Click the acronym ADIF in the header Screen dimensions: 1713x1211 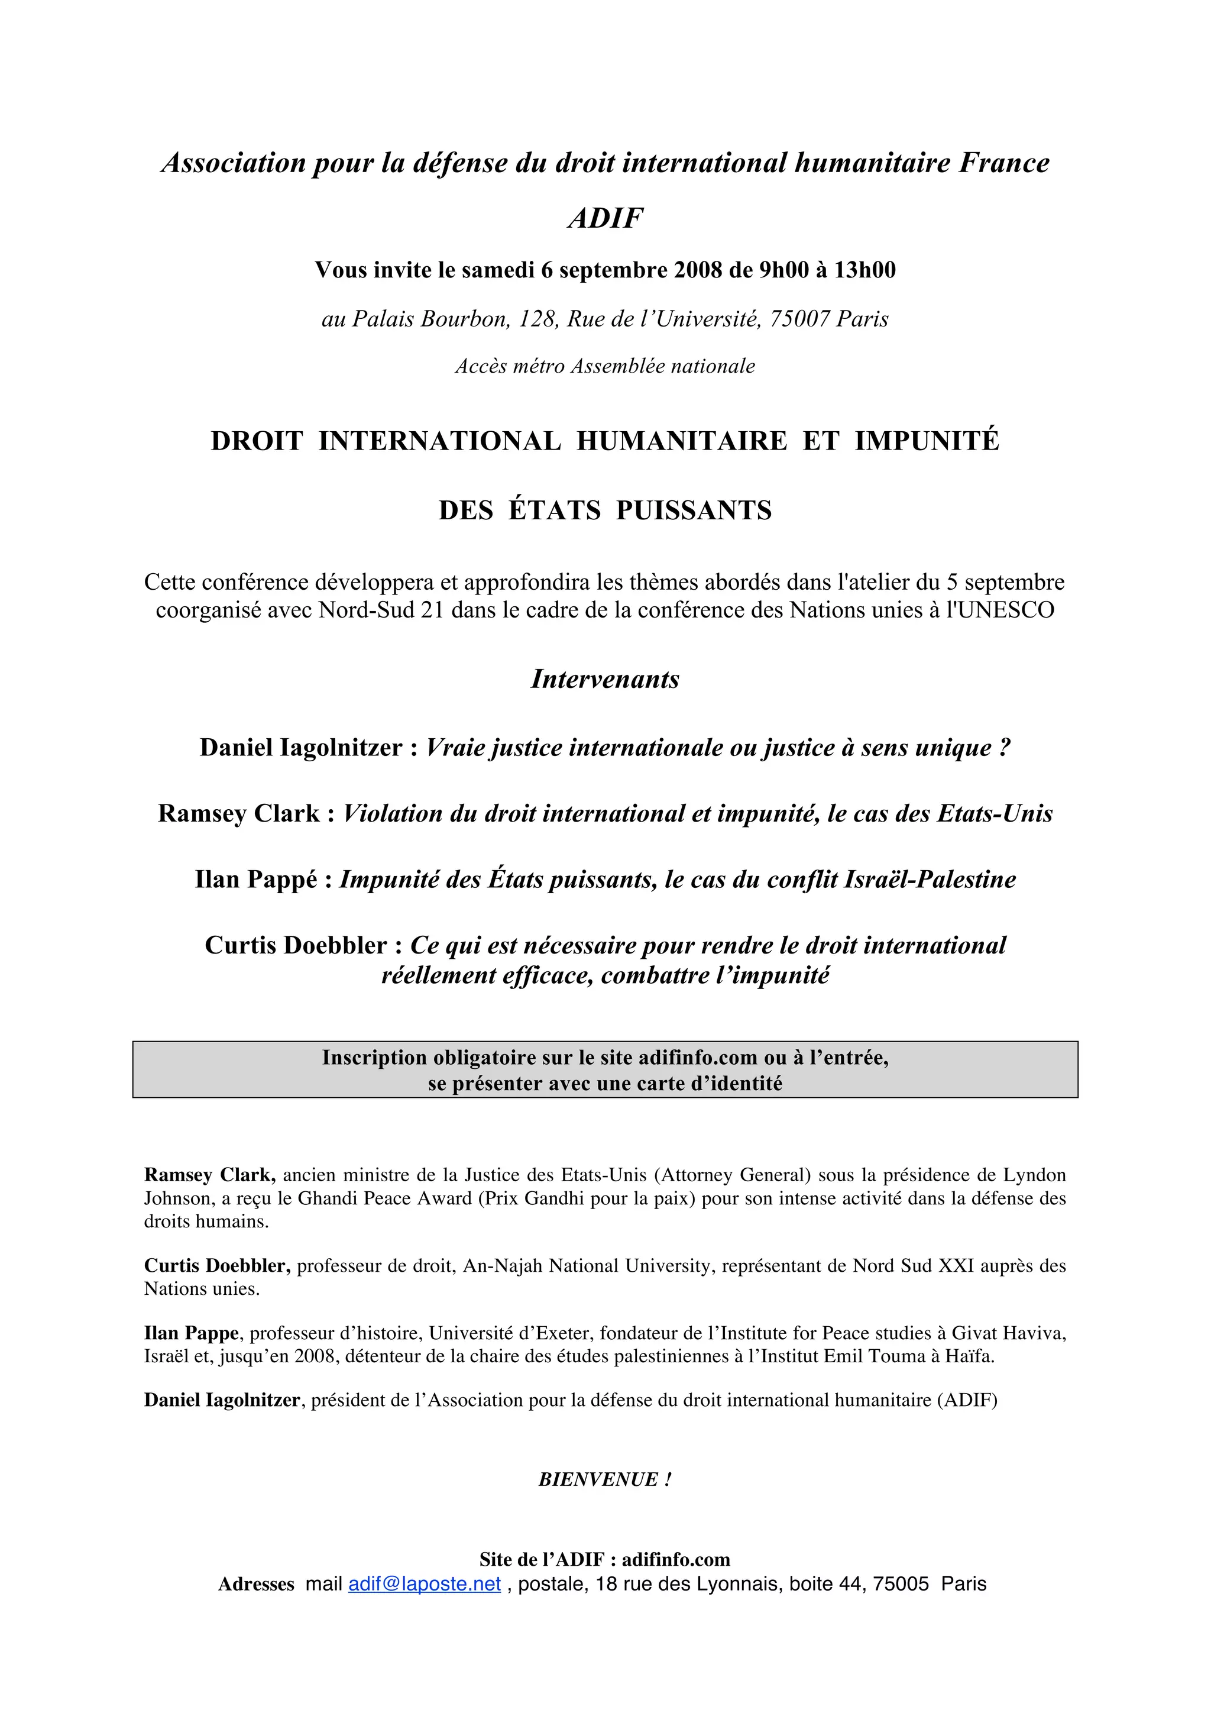point(605,218)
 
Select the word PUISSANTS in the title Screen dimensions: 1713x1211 point(694,510)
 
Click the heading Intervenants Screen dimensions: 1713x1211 point(605,679)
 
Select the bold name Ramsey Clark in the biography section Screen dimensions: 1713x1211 point(209,1175)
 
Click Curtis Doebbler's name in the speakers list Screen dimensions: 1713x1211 point(296,945)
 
